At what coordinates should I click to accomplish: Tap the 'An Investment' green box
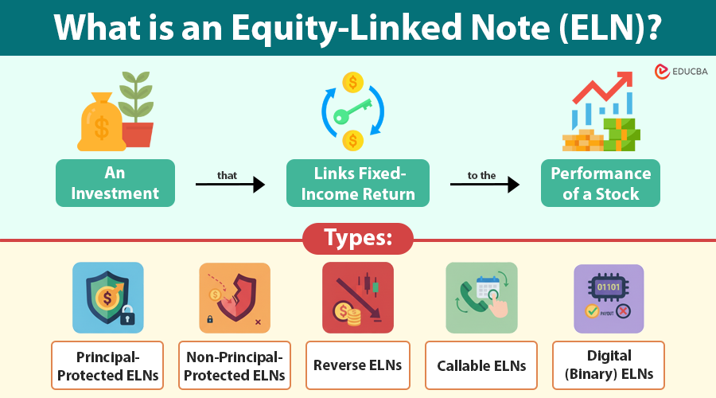[x=115, y=183]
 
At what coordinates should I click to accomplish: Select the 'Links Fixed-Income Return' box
[x=358, y=183]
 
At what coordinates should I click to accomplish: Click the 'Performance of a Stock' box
[x=601, y=183]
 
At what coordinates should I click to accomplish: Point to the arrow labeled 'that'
[x=229, y=185]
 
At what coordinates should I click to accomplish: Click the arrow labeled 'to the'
[x=484, y=185]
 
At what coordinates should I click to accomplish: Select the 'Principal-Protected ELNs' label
[x=107, y=365]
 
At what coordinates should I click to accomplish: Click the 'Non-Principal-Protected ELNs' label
[x=235, y=365]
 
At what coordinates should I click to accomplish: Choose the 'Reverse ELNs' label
[x=358, y=365]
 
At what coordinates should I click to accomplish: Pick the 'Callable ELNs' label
[x=481, y=365]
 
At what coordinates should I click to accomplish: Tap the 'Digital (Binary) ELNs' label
[x=609, y=365]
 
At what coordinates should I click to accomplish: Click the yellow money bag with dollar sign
[x=101, y=122]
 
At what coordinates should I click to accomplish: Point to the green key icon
[x=353, y=111]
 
